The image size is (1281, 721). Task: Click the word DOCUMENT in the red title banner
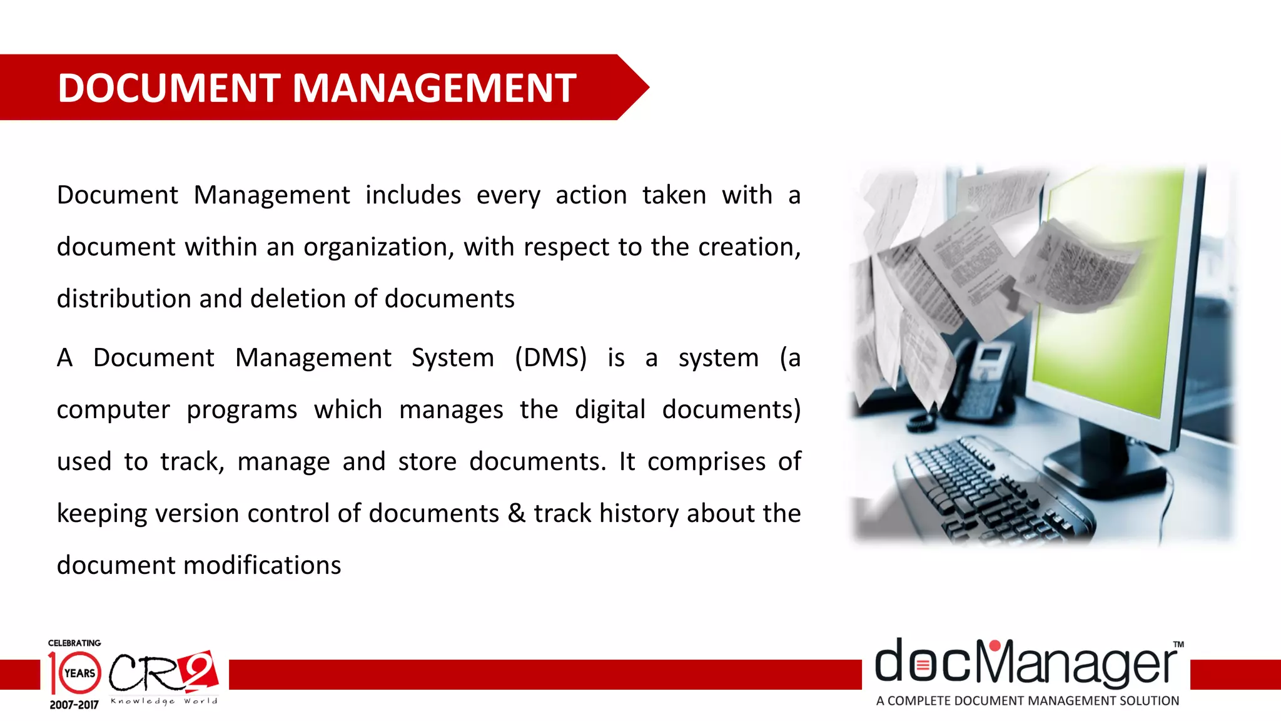[168, 88]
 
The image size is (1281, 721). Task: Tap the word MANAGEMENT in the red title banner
[434, 88]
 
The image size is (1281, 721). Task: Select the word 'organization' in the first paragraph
[375, 248]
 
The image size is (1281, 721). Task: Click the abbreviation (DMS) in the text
[550, 358]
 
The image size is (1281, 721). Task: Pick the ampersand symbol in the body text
[516, 514]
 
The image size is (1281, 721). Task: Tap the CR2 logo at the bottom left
[164, 672]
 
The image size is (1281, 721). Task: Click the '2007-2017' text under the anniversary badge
[74, 705]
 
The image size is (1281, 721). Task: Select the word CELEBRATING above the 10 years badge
[74, 643]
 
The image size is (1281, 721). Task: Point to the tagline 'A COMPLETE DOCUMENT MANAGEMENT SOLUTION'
[1027, 701]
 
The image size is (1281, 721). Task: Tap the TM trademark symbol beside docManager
[1178, 644]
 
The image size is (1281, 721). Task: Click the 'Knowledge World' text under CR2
[164, 701]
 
